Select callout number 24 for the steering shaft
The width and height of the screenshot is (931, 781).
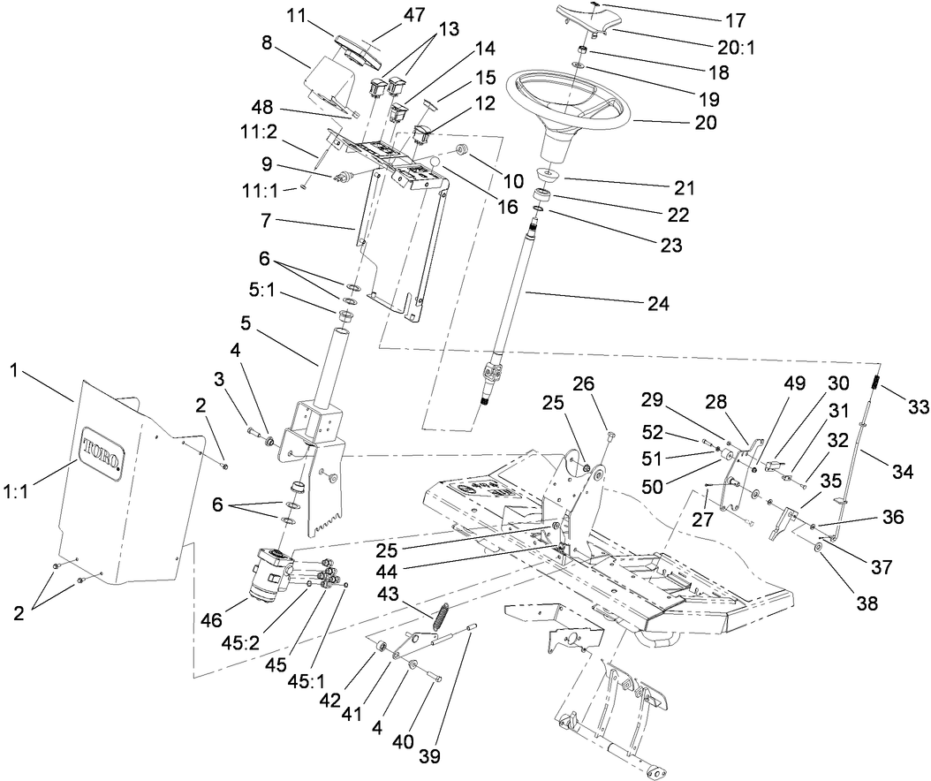pyautogui.click(x=657, y=304)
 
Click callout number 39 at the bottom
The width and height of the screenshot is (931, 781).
pyautogui.click(x=429, y=756)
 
